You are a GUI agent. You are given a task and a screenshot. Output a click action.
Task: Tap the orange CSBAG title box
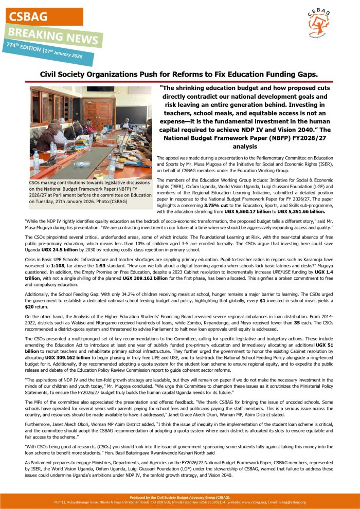(42, 16)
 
